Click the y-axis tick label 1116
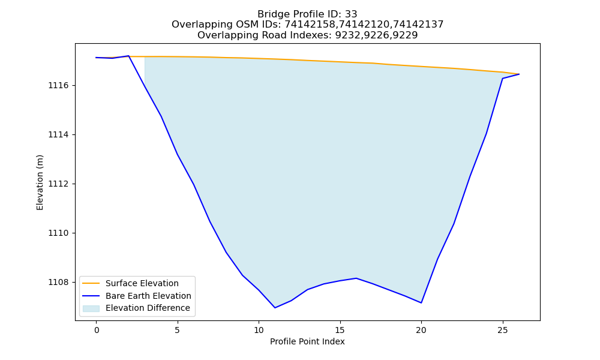59,86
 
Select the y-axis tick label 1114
59,134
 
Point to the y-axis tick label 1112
59,184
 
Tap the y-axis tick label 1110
59,233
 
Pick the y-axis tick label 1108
59,283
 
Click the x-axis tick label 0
97,331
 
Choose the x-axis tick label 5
178,331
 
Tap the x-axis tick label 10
259,331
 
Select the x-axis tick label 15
340,331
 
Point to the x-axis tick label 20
421,331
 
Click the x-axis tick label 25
502,331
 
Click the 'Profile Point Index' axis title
307,341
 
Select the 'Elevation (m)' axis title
40,182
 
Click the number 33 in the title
351,14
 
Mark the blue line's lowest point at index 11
275,308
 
